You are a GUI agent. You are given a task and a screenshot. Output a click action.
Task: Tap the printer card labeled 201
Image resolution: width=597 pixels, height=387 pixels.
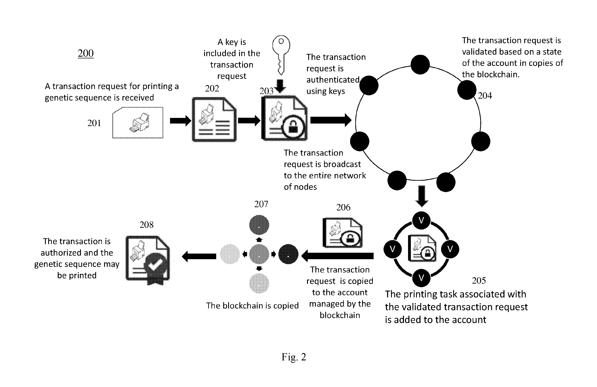(138, 123)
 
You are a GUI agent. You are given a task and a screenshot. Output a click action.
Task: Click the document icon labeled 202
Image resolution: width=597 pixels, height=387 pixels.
(214, 120)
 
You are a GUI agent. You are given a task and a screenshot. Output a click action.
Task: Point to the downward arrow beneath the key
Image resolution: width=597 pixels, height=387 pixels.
(280, 86)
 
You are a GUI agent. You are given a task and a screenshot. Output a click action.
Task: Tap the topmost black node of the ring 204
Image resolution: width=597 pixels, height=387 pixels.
(420, 64)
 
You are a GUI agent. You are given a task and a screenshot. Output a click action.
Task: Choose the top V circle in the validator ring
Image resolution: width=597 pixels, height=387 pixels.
(421, 220)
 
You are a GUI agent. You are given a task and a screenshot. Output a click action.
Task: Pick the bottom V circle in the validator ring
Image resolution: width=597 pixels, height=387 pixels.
(421, 278)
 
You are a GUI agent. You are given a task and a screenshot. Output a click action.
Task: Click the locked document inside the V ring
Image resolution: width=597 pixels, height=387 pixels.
(422, 248)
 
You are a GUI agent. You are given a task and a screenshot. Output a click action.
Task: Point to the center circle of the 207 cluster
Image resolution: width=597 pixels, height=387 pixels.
(259, 254)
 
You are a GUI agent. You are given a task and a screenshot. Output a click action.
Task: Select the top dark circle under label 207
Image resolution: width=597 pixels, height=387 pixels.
(259, 225)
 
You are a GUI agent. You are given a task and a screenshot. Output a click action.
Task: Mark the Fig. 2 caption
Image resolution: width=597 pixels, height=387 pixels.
(294, 357)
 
